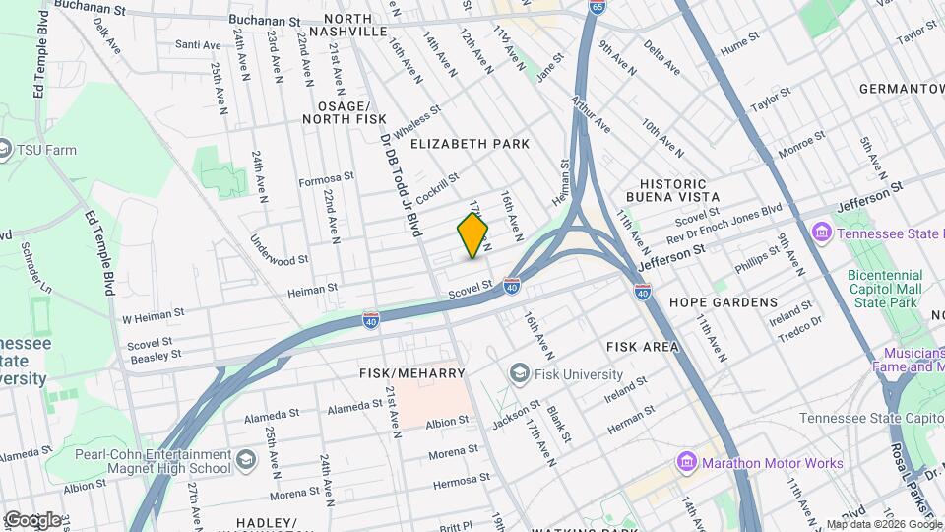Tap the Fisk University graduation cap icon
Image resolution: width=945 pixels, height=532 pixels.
519,374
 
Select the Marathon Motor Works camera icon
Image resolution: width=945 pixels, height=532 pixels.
687,463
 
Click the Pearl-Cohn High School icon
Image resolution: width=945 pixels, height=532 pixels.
244,460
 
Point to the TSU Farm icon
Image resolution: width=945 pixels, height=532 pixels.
4,150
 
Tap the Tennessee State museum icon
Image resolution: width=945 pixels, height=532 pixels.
820,233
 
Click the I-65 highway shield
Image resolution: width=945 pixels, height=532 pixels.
598,8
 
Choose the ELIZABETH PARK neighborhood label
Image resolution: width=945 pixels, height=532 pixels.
470,144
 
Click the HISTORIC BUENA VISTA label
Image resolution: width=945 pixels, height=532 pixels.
673,191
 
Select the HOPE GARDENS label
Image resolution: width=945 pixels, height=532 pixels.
723,302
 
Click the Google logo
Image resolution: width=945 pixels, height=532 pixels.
32,519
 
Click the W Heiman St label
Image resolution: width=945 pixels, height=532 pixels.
153,317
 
